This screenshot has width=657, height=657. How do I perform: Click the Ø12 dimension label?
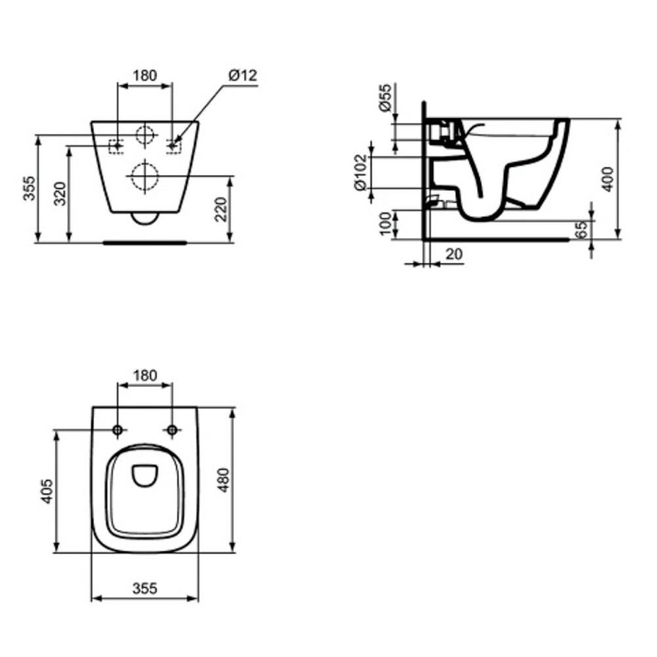[242, 76]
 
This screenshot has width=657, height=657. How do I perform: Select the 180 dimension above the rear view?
[145, 76]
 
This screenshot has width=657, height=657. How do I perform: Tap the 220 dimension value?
[220, 209]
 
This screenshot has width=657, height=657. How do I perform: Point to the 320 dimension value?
[60, 194]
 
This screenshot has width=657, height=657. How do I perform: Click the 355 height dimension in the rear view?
[29, 188]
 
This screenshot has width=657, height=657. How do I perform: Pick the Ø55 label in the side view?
[385, 98]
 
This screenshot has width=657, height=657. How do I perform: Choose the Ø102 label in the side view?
[361, 172]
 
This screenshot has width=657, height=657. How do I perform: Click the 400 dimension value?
[608, 179]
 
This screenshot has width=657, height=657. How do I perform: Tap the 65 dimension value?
[581, 230]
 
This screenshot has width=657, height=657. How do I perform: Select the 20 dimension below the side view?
[454, 254]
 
